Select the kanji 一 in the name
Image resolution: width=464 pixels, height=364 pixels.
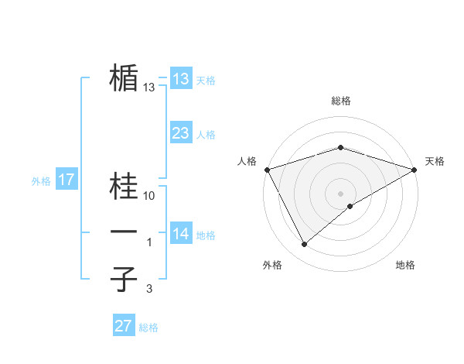[124, 232]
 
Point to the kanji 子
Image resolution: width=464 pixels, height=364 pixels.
[124, 279]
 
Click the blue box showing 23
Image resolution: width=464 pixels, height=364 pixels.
[180, 133]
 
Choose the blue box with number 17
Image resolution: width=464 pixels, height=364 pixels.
[66, 180]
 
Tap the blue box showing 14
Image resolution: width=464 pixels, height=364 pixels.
[180, 234]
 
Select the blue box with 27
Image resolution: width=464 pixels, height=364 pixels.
[124, 326]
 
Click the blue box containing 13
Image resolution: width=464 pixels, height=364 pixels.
[180, 78]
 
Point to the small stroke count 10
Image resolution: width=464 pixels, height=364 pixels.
[150, 196]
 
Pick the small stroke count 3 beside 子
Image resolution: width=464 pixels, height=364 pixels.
[148, 289]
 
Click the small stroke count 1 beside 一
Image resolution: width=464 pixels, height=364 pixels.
[150, 242]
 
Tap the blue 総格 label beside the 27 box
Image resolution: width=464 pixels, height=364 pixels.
[148, 328]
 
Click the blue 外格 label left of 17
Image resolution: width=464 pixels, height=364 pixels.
[41, 181]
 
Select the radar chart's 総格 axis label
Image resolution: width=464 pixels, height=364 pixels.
[340, 101]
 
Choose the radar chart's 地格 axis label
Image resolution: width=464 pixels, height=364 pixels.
[405, 265]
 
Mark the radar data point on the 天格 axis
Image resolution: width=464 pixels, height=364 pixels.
[415, 170]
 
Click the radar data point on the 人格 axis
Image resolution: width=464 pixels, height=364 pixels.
[267, 170]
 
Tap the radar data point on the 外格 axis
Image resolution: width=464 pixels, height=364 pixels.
[305, 244]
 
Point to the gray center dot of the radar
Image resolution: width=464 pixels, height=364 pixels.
[340, 193]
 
